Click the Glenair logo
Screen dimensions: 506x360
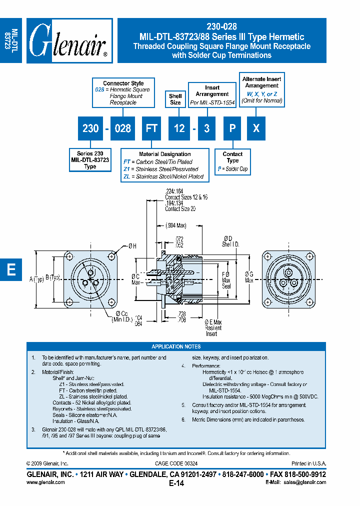(x=69, y=40)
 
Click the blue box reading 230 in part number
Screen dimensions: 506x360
(x=90, y=128)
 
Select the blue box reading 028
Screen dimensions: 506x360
(x=122, y=128)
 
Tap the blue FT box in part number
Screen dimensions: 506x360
(x=151, y=128)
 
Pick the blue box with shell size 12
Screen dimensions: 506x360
(x=179, y=128)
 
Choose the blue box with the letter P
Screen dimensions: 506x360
(x=232, y=128)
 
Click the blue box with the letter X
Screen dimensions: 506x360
(x=256, y=128)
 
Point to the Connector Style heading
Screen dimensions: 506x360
(x=123, y=83)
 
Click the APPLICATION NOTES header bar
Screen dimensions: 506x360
(x=176, y=346)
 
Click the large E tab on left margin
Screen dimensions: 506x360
(x=11, y=269)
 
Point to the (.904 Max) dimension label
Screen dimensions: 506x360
(x=175, y=225)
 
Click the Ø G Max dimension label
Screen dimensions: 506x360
(x=248, y=276)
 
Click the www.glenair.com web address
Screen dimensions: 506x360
(x=45, y=482)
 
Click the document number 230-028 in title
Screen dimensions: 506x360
(x=221, y=27)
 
